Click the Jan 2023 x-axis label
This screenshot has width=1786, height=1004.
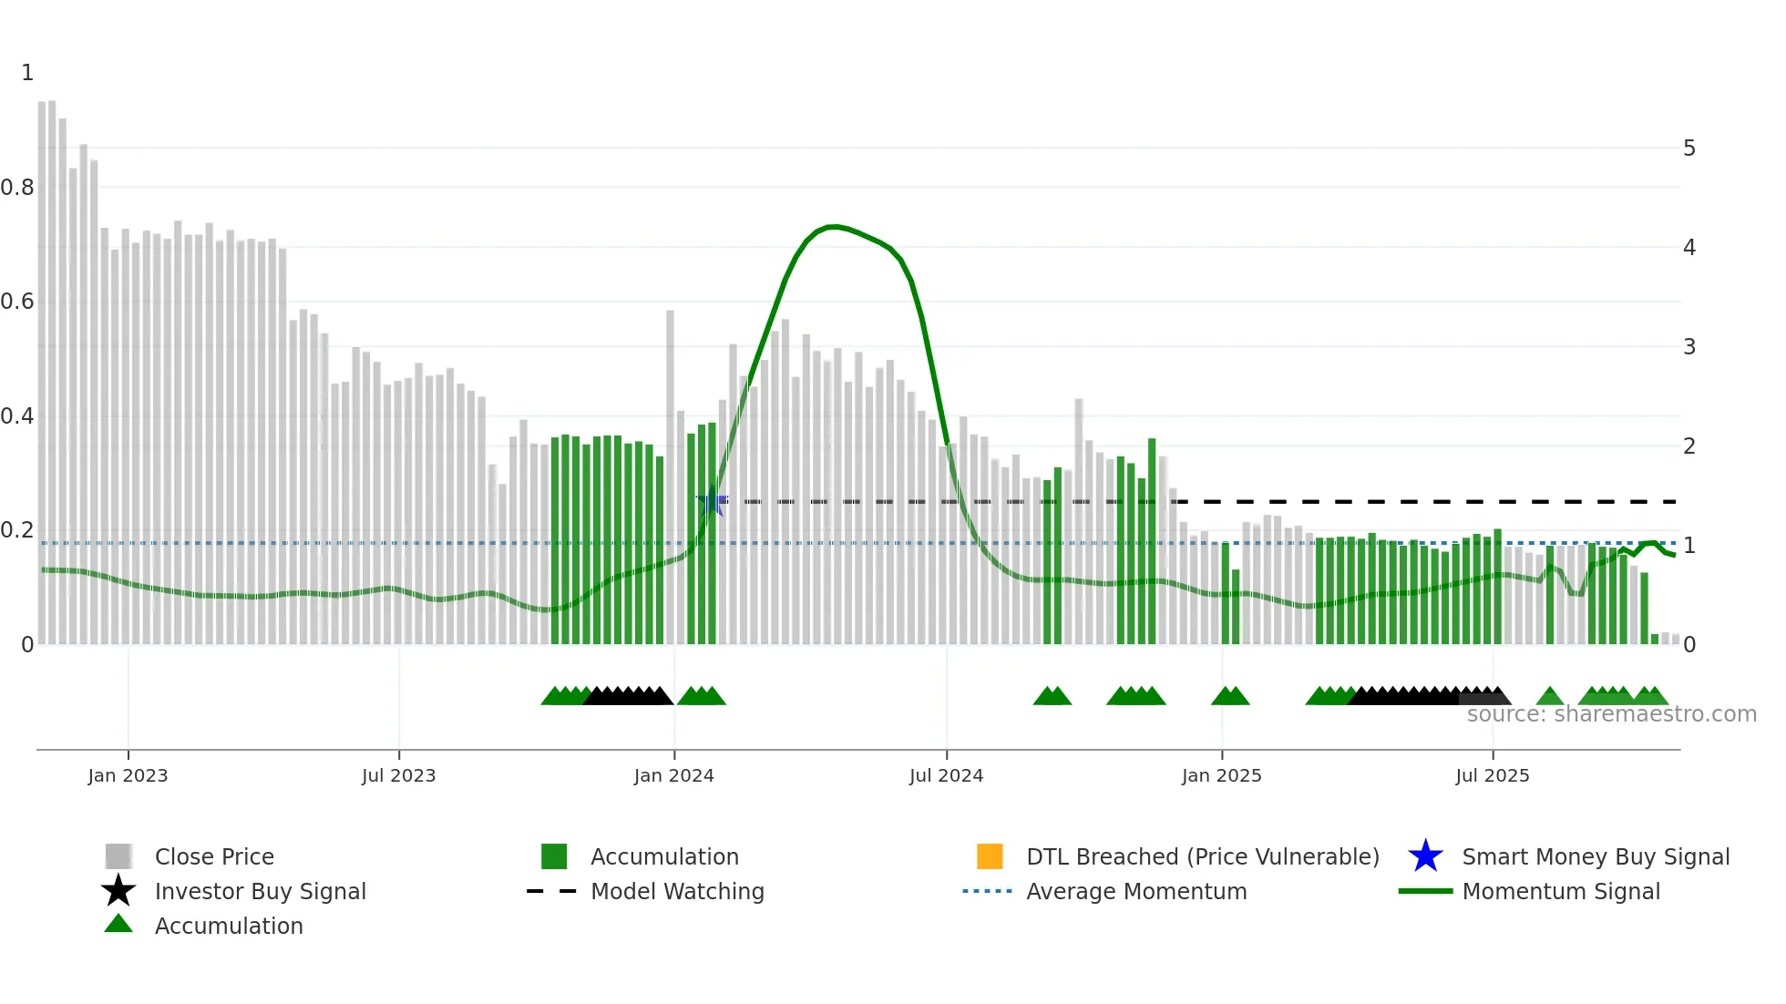pyautogui.click(x=128, y=776)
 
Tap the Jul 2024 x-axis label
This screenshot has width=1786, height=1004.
pyautogui.click(x=946, y=776)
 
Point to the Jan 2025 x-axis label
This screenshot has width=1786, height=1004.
pyautogui.click(x=1221, y=776)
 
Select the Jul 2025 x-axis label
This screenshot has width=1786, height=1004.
pyautogui.click(x=1492, y=776)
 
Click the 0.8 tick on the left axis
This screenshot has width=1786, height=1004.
pyautogui.click(x=17, y=188)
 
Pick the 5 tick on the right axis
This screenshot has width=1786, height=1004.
pyautogui.click(x=1689, y=149)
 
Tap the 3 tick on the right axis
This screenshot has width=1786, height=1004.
pyautogui.click(x=1689, y=347)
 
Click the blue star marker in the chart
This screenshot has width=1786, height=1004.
pyautogui.click(x=712, y=501)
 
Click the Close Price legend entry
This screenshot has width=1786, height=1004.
pyautogui.click(x=214, y=857)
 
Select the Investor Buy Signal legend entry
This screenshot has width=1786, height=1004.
pyautogui.click(x=260, y=892)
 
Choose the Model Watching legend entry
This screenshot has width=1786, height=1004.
pyautogui.click(x=677, y=892)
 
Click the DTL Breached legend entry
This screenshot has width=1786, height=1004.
pyautogui.click(x=1202, y=857)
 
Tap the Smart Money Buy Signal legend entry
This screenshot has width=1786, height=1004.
pyautogui.click(x=1595, y=857)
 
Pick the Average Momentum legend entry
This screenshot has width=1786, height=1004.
pyautogui.click(x=1135, y=892)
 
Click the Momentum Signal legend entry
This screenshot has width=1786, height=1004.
pyautogui.click(x=1560, y=892)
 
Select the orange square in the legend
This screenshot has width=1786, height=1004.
pyautogui.click(x=990, y=857)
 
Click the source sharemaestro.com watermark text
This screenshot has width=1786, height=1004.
pyautogui.click(x=1611, y=714)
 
